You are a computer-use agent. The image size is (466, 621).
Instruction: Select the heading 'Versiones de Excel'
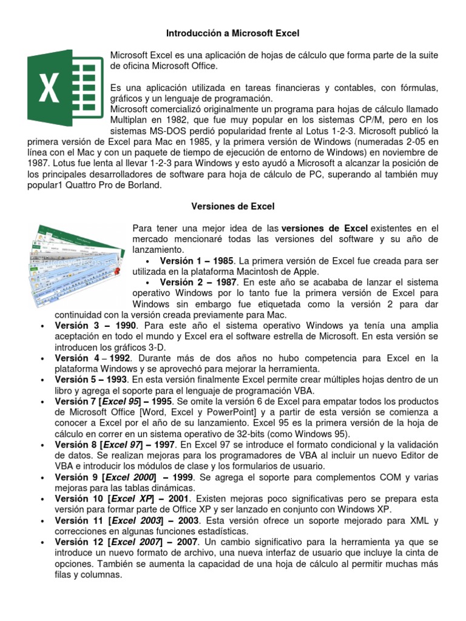point(233,207)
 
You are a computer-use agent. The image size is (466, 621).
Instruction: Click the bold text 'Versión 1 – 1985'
point(196,260)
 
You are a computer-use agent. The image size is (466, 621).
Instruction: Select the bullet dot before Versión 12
point(42,542)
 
